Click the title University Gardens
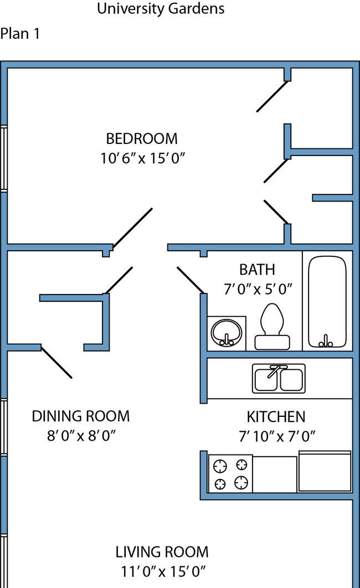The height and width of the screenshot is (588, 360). pyautogui.click(x=161, y=9)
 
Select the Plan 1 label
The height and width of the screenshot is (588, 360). pyautogui.click(x=20, y=33)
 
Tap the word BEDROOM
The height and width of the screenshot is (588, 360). pyautogui.click(x=142, y=139)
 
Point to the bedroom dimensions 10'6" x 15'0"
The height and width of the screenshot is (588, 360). pyautogui.click(x=142, y=158)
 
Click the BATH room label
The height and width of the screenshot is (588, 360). pyautogui.click(x=257, y=270)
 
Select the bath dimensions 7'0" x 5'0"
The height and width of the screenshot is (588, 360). pyautogui.click(x=258, y=289)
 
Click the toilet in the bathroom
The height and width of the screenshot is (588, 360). pyautogui.click(x=272, y=326)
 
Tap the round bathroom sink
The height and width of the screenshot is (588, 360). pyautogui.click(x=226, y=333)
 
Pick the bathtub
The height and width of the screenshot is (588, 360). pyautogui.click(x=327, y=302)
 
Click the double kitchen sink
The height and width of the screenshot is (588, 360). pyautogui.click(x=279, y=379)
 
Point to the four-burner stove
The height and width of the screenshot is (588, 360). pyautogui.click(x=230, y=473)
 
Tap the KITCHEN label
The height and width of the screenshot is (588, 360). pyautogui.click(x=276, y=416)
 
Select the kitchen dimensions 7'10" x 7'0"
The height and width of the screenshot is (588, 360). pyautogui.click(x=277, y=436)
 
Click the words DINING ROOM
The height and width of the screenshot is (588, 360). pyautogui.click(x=81, y=416)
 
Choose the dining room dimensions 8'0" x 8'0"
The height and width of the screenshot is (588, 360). pyautogui.click(x=81, y=436)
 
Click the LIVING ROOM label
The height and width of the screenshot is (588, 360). pyautogui.click(x=162, y=552)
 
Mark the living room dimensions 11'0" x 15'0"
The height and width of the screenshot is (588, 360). pyautogui.click(x=163, y=571)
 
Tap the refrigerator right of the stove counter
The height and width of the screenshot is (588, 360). pyautogui.click(x=325, y=472)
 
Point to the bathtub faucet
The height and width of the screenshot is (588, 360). pyautogui.click(x=326, y=341)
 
